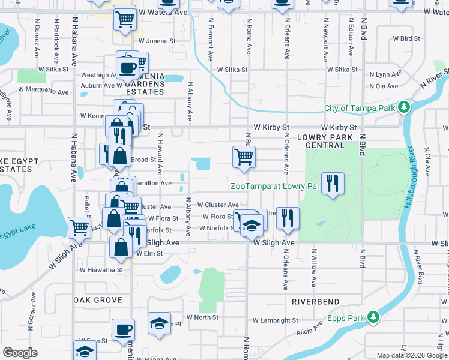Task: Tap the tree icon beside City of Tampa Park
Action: tap(404, 108)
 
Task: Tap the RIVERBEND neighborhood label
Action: tap(316, 301)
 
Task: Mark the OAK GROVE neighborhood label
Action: tap(97, 299)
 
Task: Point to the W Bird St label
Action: tap(406, 38)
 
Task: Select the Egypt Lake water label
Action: tap(17, 231)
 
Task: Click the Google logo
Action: tap(20, 353)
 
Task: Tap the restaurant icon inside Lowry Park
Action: tap(332, 183)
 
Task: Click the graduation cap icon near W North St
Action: tap(159, 323)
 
